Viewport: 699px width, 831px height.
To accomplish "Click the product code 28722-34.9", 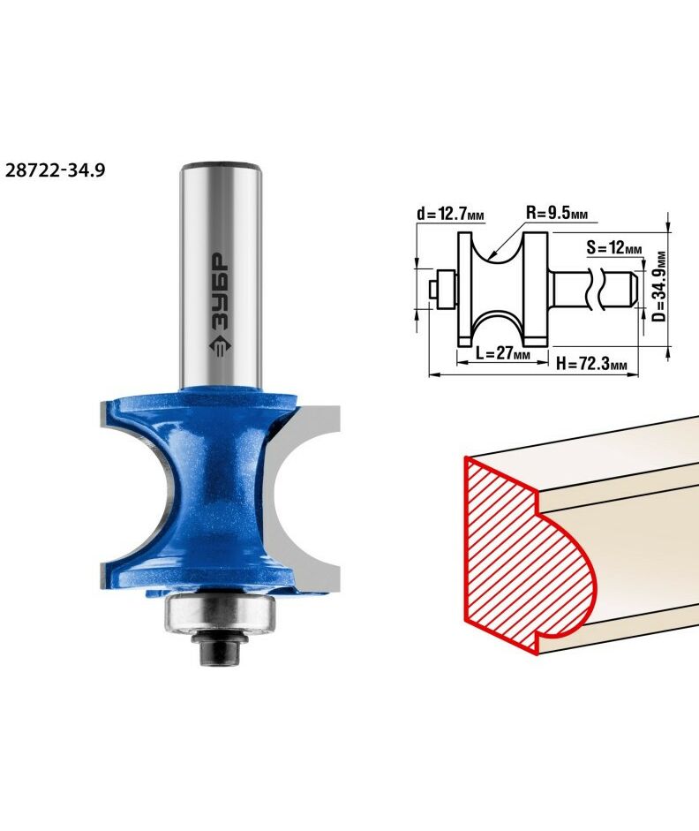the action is pos(55,170).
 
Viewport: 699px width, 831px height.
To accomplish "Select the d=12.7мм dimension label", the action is pos(450,214).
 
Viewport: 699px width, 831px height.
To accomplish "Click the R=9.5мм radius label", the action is pos(557,213).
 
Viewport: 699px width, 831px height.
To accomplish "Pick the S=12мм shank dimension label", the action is pos(614,247).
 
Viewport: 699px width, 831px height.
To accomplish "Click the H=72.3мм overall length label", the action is pos(591,364).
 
